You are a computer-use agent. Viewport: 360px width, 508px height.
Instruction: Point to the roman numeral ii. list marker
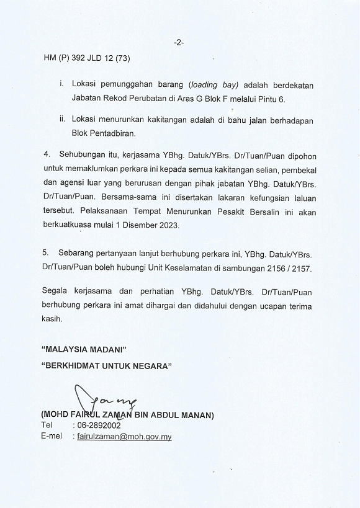tap(62, 119)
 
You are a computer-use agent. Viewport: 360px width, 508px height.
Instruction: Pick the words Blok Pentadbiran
tap(103, 132)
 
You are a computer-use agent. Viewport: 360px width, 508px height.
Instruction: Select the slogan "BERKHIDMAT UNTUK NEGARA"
tap(106, 366)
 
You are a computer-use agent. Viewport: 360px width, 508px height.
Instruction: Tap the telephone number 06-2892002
tap(99, 426)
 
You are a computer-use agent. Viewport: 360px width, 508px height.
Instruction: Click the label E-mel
tap(53, 437)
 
